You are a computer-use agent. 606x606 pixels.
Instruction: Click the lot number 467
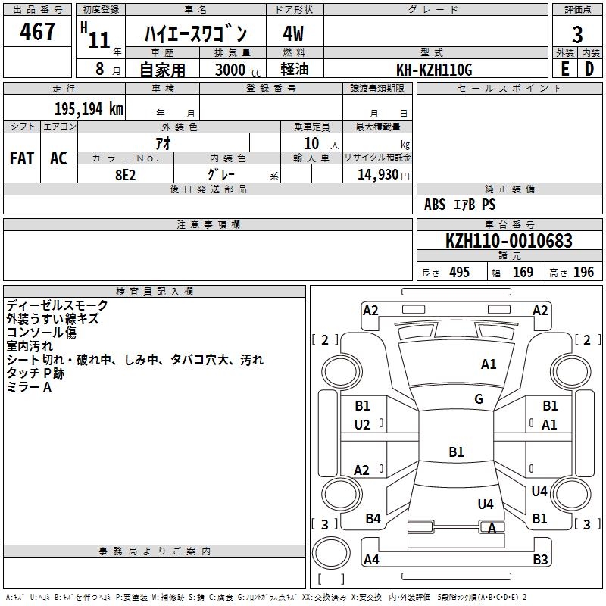tap(38, 32)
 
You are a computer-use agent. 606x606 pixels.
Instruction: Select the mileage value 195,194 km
tap(88, 108)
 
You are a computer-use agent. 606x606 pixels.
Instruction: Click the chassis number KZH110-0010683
tap(508, 241)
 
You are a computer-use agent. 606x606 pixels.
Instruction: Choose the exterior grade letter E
tap(564, 69)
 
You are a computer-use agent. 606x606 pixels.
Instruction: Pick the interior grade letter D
tap(589, 69)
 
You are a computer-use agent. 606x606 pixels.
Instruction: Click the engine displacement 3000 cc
tap(235, 70)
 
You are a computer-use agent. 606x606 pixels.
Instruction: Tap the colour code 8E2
tap(126, 173)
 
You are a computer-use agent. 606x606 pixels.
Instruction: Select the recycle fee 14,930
tap(378, 174)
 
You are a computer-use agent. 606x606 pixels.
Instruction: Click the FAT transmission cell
tap(22, 158)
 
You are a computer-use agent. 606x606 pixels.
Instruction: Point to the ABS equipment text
tap(435, 205)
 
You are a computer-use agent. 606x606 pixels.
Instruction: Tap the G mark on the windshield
tap(479, 399)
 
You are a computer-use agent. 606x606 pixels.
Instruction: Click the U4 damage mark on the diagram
tap(486, 504)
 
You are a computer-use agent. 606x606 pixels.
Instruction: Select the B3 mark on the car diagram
tap(540, 560)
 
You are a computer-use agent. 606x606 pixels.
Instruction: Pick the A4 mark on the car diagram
tap(371, 560)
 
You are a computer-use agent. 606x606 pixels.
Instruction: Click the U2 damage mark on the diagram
tap(362, 424)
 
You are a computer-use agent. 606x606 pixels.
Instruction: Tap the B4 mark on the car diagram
tap(373, 519)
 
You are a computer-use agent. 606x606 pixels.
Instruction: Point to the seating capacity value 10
tap(311, 143)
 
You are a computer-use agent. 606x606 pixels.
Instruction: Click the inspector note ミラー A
tap(29, 387)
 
